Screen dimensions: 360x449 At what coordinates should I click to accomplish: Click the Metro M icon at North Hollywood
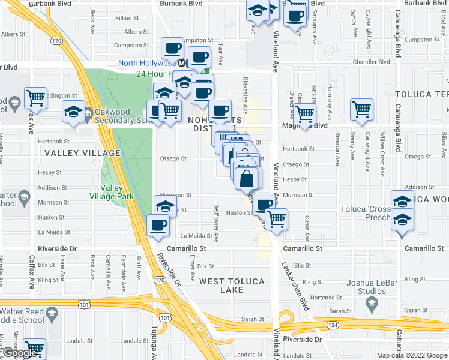pos(181,62)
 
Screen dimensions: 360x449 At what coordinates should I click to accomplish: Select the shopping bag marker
pos(247,178)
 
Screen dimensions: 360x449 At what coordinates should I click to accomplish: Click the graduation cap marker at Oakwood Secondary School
pos(74,112)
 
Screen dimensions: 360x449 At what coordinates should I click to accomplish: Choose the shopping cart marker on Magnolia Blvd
pos(305,113)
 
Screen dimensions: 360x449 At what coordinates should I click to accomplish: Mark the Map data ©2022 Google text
pos(412,355)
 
